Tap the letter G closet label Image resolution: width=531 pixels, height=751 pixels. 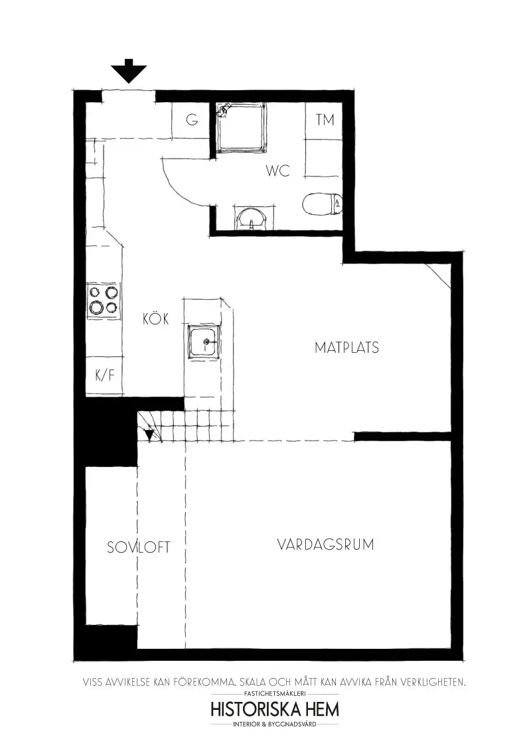pyautogui.click(x=192, y=120)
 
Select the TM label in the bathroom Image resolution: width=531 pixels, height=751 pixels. pyautogui.click(x=325, y=120)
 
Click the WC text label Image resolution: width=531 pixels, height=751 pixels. pyautogui.click(x=278, y=171)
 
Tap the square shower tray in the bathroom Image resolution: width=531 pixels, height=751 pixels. pyautogui.click(x=240, y=127)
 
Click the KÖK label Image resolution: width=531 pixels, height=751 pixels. pyautogui.click(x=156, y=319)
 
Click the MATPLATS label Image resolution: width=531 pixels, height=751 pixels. pyautogui.click(x=346, y=347)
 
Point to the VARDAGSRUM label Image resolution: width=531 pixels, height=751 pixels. pyautogui.click(x=325, y=545)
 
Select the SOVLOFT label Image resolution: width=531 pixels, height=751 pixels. pyautogui.click(x=139, y=547)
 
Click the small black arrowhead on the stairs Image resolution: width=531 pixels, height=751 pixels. pyautogui.click(x=149, y=435)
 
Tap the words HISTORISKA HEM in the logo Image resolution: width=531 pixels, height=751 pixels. pyautogui.click(x=274, y=709)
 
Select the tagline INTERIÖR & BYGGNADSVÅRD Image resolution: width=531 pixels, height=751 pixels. pyautogui.click(x=274, y=724)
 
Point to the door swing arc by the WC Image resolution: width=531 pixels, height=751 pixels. pyautogui.click(x=174, y=182)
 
